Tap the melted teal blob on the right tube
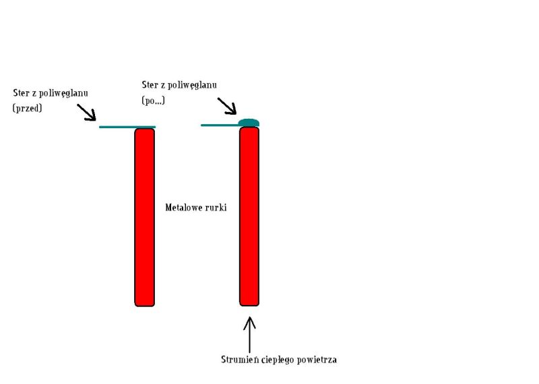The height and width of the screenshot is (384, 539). [249, 123]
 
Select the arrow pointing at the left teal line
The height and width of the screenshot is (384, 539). [87, 113]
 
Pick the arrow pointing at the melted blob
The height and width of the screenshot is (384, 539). [227, 105]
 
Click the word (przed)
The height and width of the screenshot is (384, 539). [28, 107]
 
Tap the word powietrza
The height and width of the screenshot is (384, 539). [317, 360]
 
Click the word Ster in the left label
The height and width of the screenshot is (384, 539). [21, 92]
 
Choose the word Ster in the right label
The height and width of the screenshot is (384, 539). [150, 84]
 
